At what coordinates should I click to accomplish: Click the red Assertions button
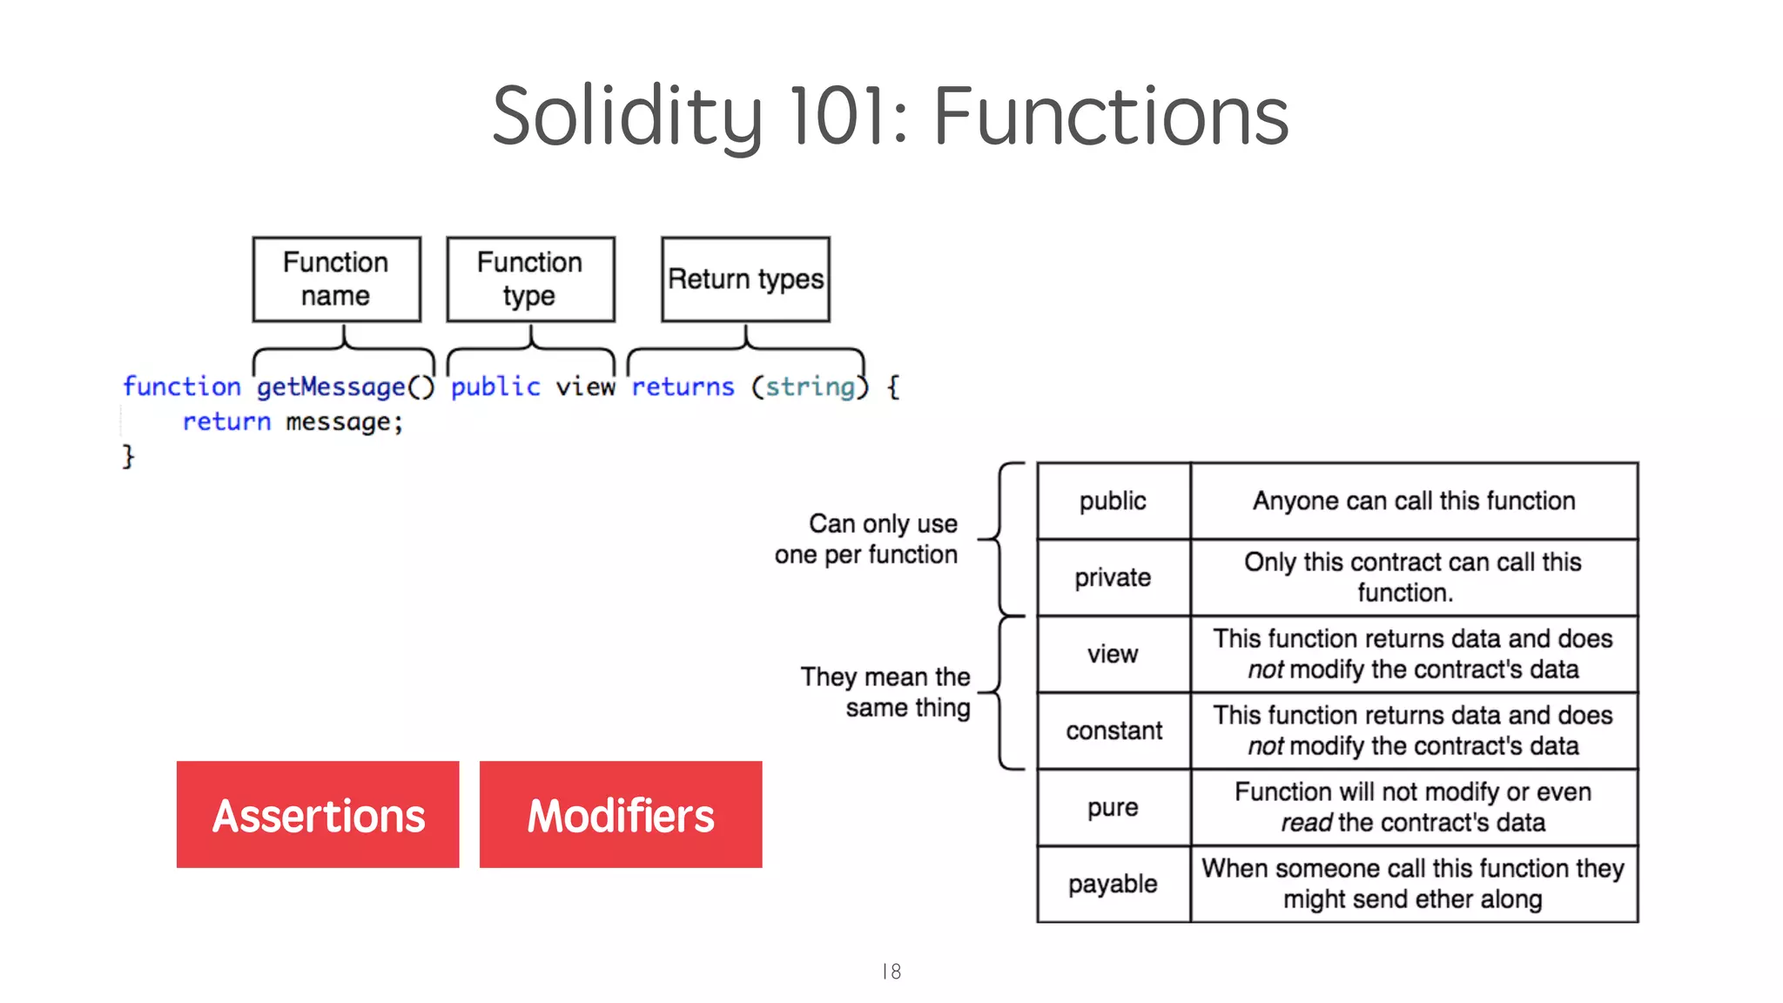point(318,815)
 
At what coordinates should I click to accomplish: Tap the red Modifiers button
point(621,815)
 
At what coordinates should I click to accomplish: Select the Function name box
point(336,279)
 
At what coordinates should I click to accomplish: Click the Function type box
point(530,279)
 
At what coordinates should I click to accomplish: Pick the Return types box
point(745,279)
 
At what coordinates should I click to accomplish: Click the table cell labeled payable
point(1113,884)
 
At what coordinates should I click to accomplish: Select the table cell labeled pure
point(1113,807)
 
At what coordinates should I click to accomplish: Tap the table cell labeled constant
point(1114,730)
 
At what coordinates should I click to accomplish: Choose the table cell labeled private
point(1113,577)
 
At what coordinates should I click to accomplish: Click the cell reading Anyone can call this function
point(1414,501)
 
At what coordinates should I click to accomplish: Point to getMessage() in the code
point(345,387)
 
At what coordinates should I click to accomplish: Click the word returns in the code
point(683,387)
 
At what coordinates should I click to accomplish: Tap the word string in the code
point(810,387)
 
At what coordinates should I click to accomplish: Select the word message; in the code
point(345,422)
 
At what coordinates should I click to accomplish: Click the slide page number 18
point(891,972)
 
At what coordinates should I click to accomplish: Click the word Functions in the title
point(1111,116)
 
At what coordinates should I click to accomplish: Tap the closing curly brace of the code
point(128,456)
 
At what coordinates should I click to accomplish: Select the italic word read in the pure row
point(1306,823)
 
